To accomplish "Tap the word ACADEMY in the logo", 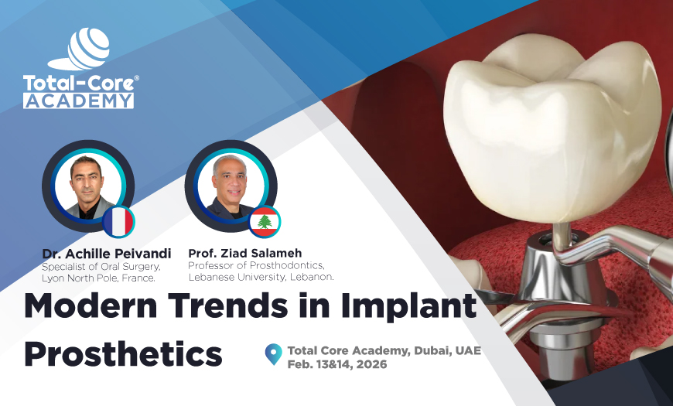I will pyautogui.click(x=78, y=101).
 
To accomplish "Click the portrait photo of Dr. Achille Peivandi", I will pyautogui.click(x=87, y=186).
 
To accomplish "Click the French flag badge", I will pyautogui.click(x=119, y=222).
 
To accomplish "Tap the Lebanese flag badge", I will pyautogui.click(x=265, y=223).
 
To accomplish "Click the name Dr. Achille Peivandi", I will pyautogui.click(x=107, y=254).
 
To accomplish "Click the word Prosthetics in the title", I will pyautogui.click(x=123, y=353).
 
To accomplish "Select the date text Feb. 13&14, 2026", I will pyautogui.click(x=340, y=363).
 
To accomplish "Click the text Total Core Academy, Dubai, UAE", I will pyautogui.click(x=384, y=350).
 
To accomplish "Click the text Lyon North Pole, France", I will pyautogui.click(x=100, y=277).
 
